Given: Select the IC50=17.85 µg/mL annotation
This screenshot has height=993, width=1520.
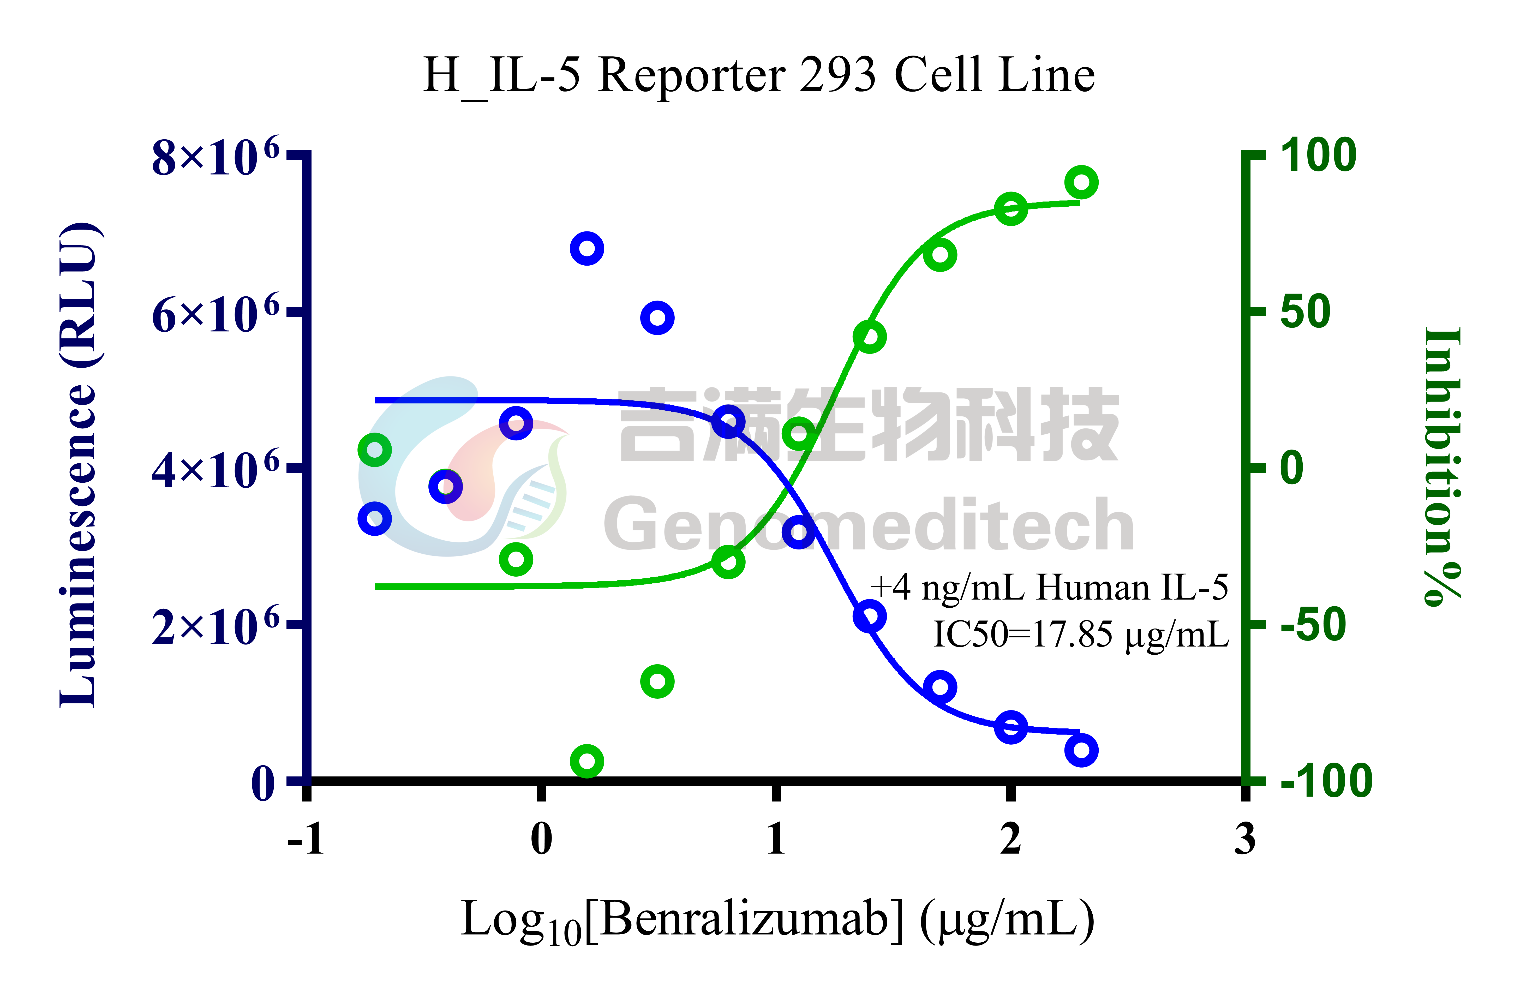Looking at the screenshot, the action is (x=1081, y=635).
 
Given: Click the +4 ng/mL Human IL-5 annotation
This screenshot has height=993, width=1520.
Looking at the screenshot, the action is (x=1049, y=588).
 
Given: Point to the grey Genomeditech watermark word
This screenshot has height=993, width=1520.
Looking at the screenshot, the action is (x=869, y=525).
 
